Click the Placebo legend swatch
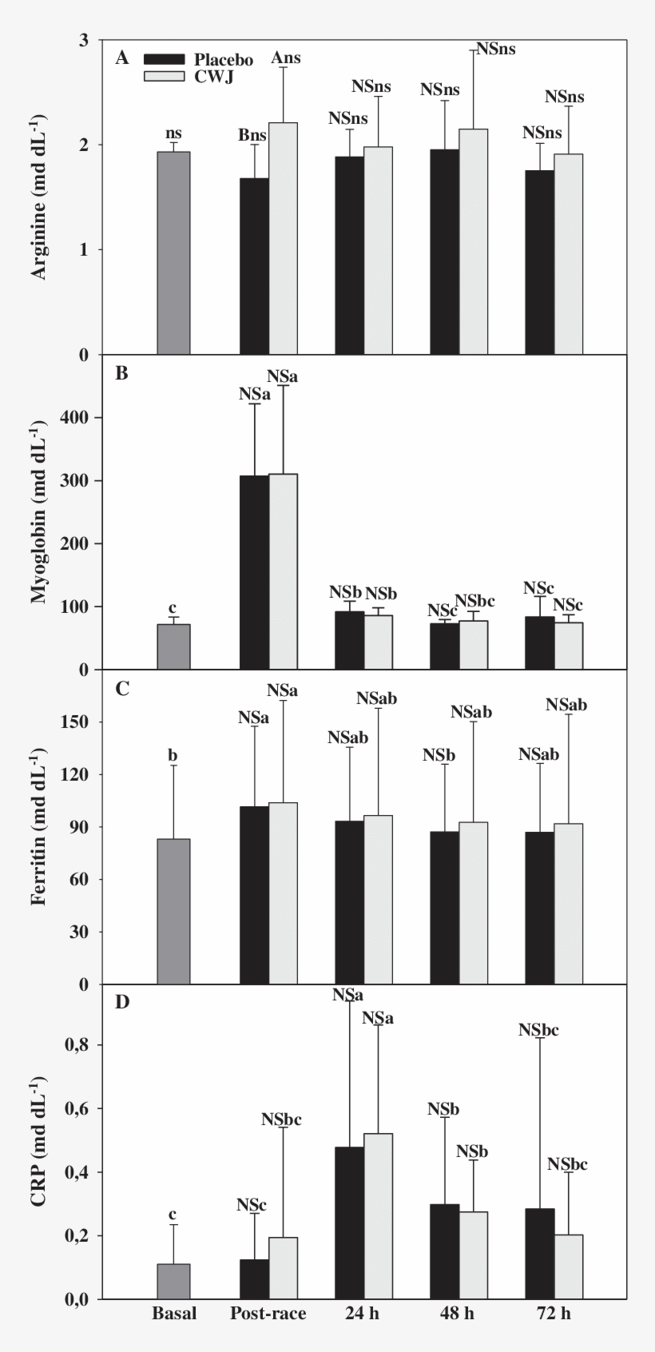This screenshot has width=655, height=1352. (x=165, y=60)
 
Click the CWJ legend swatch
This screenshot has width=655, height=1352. (x=165, y=77)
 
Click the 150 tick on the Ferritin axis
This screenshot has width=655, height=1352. (x=87, y=722)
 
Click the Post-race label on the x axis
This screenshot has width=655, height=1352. (x=268, y=1314)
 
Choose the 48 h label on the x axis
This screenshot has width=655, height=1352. (x=458, y=1314)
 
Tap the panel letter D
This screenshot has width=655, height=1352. (x=122, y=1002)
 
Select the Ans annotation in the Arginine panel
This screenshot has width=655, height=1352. (x=286, y=58)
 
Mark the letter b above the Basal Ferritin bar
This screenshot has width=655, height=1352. (x=173, y=755)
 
